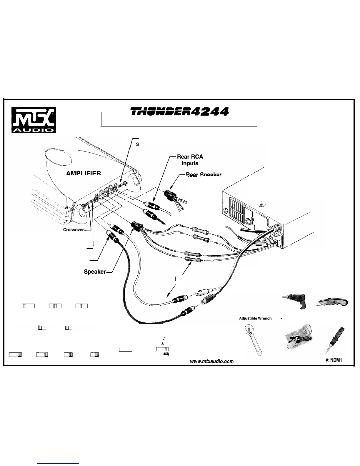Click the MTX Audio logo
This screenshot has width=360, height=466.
click(34, 120)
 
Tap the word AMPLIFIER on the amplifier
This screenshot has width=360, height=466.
click(84, 173)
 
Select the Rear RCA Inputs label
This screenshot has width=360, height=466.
click(190, 160)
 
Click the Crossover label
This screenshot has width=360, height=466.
click(74, 230)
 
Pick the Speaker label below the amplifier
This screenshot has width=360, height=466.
click(95, 272)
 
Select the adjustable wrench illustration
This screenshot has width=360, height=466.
click(253, 340)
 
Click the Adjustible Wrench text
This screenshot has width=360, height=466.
click(255, 318)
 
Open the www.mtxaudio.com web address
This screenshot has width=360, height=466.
click(212, 361)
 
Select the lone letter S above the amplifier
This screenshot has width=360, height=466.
click(137, 144)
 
